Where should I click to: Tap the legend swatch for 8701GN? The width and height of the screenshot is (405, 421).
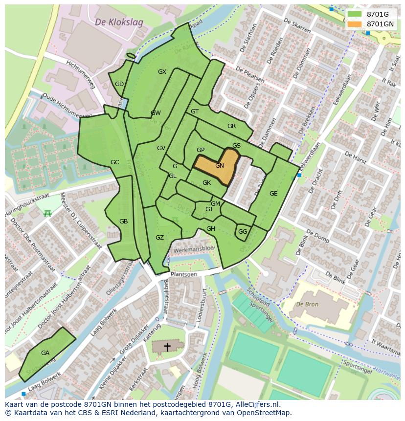click(x=356, y=24)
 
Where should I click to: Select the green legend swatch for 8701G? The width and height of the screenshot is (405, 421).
click(x=356, y=14)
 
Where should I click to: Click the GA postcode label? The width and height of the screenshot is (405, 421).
click(x=45, y=353)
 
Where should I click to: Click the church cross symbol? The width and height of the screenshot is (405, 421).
click(x=167, y=347)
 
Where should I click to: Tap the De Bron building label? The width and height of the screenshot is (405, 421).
click(x=307, y=304)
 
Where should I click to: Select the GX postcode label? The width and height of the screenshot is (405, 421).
click(x=162, y=72)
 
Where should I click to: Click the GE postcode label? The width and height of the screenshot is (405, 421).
click(x=273, y=194)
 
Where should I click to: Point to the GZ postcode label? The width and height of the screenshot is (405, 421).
click(x=159, y=238)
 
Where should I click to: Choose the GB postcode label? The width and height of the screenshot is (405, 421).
click(x=123, y=222)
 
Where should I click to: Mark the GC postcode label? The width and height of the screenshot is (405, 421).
click(x=114, y=162)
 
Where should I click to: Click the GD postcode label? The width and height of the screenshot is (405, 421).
click(x=119, y=84)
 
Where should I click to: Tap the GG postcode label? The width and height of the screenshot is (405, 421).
click(x=243, y=232)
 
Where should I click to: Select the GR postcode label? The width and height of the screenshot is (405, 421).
click(x=231, y=126)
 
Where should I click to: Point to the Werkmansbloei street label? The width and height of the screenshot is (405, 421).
click(x=194, y=248)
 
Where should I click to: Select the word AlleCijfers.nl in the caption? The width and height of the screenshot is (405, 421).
click(x=256, y=404)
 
